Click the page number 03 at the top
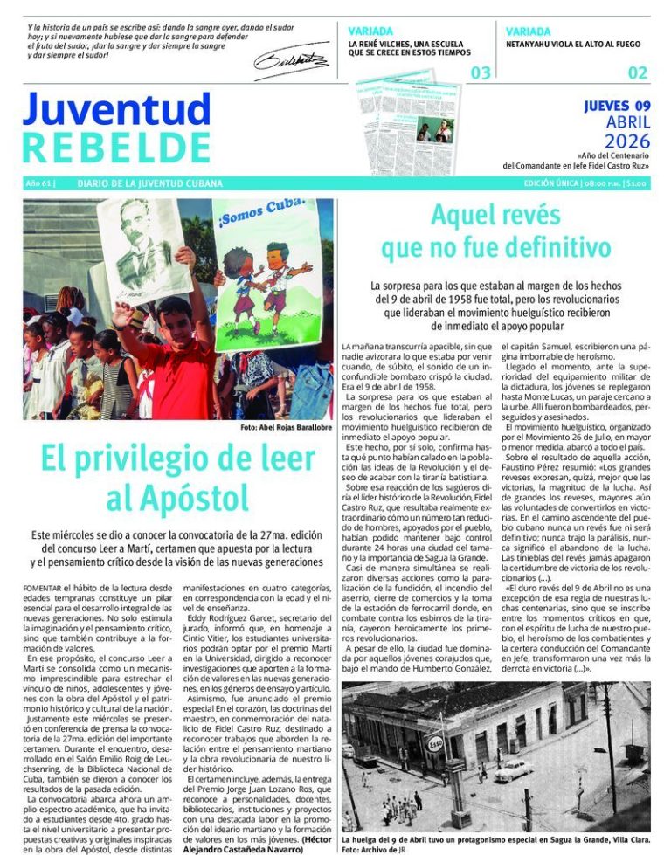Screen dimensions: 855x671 click(481, 72)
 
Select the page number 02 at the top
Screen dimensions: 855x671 click(638, 72)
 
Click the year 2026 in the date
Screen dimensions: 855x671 click(627, 141)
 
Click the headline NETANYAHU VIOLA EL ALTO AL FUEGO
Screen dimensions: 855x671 click(573, 44)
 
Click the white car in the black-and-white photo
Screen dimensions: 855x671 click(515, 769)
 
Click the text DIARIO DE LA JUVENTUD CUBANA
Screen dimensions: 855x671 click(149, 184)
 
